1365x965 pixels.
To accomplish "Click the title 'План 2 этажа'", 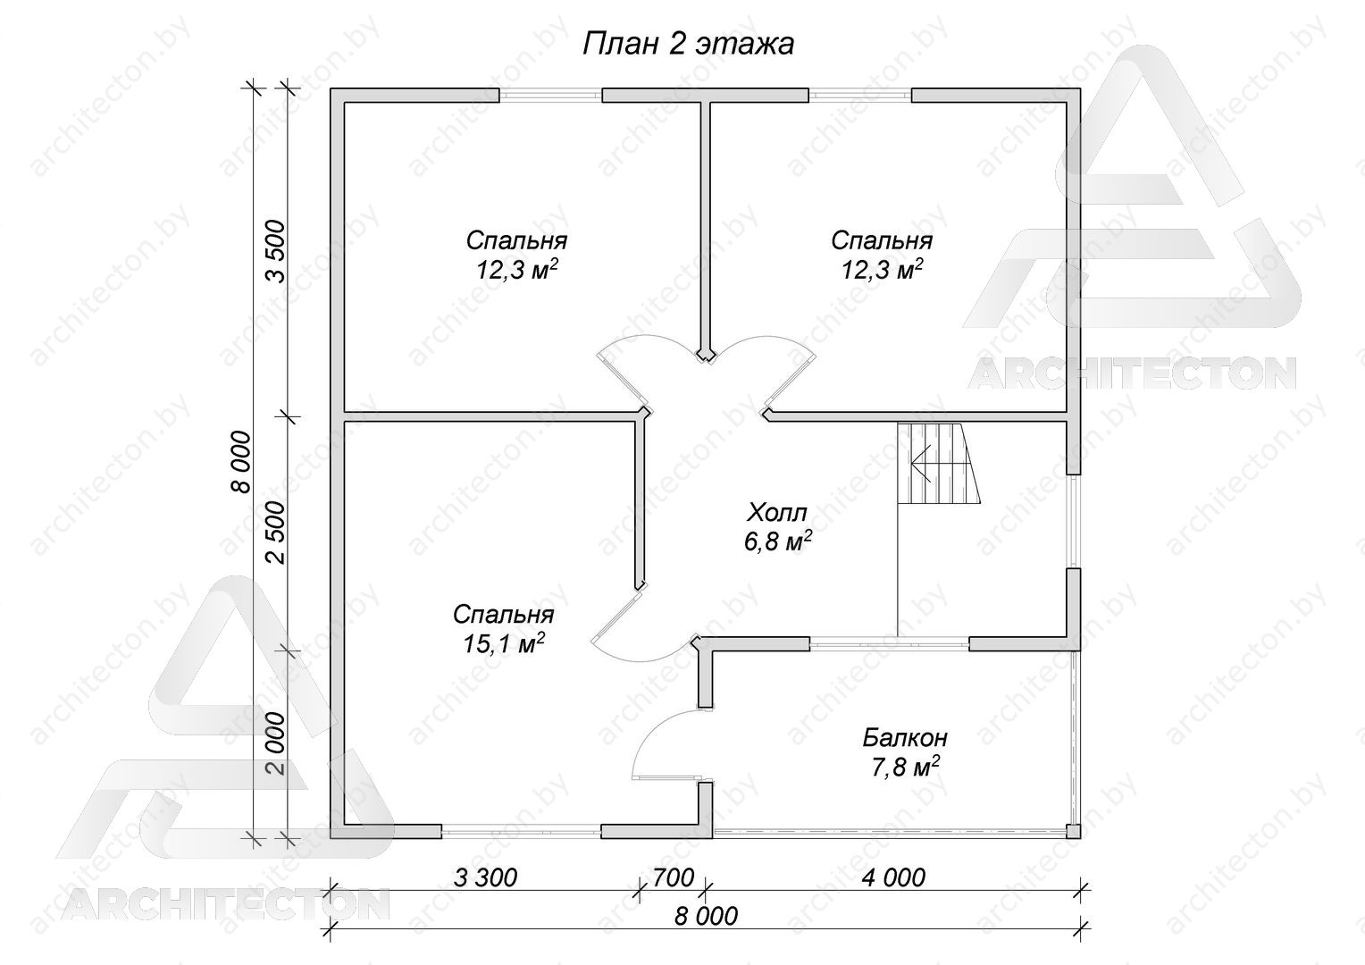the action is point(688,45).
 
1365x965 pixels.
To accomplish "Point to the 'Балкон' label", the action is point(905,738).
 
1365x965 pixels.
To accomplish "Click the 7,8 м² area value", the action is point(905,767).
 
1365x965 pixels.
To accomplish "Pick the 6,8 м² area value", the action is point(777,541).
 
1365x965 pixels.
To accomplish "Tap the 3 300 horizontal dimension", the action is point(486,877).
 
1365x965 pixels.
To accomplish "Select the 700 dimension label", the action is point(674,877).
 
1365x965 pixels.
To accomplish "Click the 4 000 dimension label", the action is point(893,877).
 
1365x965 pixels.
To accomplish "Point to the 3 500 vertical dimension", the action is point(276,251).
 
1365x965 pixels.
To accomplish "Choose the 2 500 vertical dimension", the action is point(276,533).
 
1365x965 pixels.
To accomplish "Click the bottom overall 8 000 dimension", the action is point(706,916).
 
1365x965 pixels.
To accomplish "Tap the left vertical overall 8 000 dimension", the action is point(241,461).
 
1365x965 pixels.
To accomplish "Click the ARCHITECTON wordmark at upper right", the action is point(1132,373).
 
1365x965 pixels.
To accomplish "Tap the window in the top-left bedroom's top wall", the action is point(551,95).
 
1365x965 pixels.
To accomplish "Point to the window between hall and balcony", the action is point(889,642).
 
